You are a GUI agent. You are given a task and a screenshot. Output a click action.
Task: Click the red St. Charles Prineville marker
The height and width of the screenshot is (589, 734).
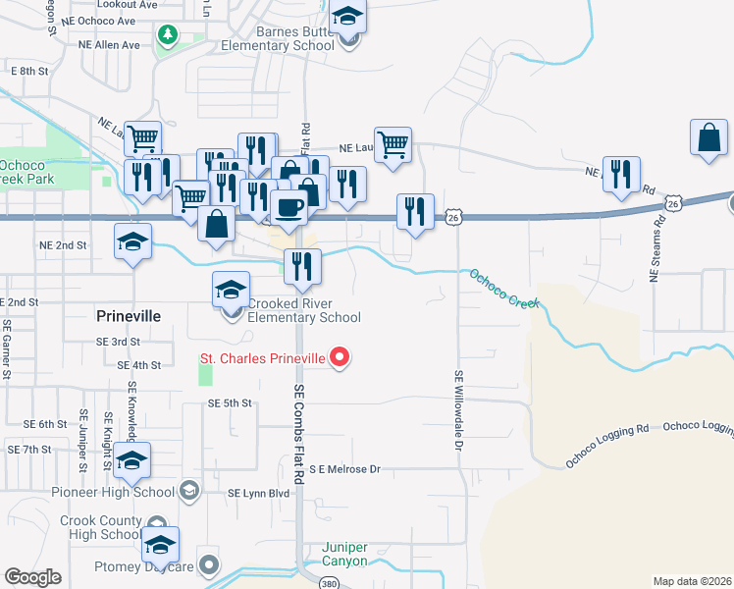340,357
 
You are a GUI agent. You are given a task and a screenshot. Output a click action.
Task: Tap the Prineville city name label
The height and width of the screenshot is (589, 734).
128,316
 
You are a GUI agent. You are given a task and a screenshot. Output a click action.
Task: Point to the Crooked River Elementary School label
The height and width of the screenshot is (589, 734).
303,310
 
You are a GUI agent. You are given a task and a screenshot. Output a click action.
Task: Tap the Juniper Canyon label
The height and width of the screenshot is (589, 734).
345,555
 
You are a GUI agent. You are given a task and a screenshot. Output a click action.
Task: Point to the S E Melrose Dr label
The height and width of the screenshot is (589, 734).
344,470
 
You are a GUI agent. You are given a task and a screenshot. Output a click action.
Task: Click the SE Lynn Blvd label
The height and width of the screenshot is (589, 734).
259,493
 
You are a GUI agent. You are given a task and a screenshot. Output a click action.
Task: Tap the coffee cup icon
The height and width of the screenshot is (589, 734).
288,207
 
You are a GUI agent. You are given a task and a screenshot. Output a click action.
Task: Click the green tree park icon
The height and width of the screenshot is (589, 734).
168,35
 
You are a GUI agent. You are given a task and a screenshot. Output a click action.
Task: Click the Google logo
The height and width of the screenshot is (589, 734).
32,577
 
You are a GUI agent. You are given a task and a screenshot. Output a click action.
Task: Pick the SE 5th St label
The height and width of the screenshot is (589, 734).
231,402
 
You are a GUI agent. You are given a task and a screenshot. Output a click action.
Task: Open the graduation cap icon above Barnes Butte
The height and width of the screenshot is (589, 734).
345,17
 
